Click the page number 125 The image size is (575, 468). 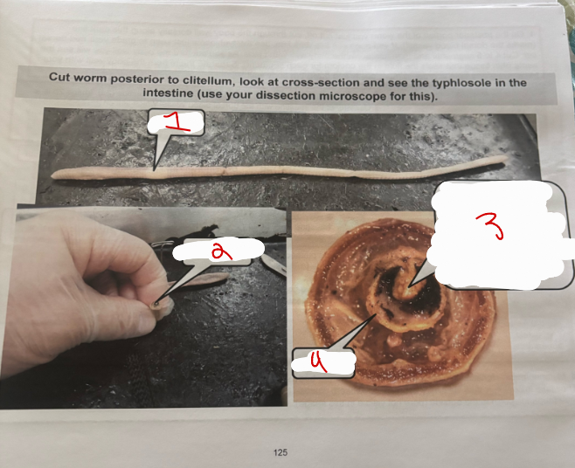pyautogui.click(x=281, y=452)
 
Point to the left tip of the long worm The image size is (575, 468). pyautogui.click(x=55, y=176)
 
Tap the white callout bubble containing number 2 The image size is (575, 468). pyautogui.click(x=214, y=251)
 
